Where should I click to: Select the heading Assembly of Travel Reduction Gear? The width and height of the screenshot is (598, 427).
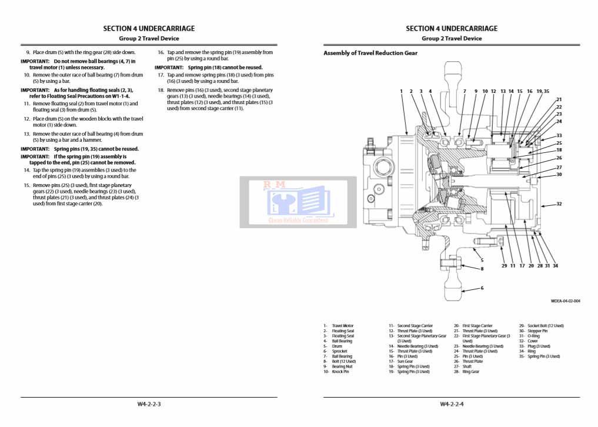click(x=370, y=53)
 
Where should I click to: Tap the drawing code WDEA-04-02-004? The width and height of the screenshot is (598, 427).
click(x=565, y=301)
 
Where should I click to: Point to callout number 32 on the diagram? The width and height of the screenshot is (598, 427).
click(x=559, y=204)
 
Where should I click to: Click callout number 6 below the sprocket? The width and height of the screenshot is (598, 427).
click(x=482, y=288)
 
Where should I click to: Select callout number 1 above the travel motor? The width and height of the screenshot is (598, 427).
click(x=401, y=92)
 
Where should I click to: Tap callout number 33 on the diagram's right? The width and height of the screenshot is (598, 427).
click(x=559, y=135)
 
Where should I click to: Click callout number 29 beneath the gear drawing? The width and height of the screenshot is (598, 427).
click(x=504, y=266)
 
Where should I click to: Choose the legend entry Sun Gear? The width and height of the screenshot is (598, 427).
click(x=405, y=362)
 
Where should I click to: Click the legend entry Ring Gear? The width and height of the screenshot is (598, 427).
click(x=470, y=372)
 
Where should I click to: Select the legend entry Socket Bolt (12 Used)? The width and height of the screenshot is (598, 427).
click(x=545, y=326)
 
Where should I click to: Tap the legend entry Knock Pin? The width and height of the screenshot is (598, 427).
click(x=340, y=372)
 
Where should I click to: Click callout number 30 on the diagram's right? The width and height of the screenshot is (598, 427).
click(x=559, y=174)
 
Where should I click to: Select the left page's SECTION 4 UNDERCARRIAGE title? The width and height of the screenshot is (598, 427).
click(x=149, y=28)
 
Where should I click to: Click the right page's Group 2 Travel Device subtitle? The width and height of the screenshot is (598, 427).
click(x=452, y=38)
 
